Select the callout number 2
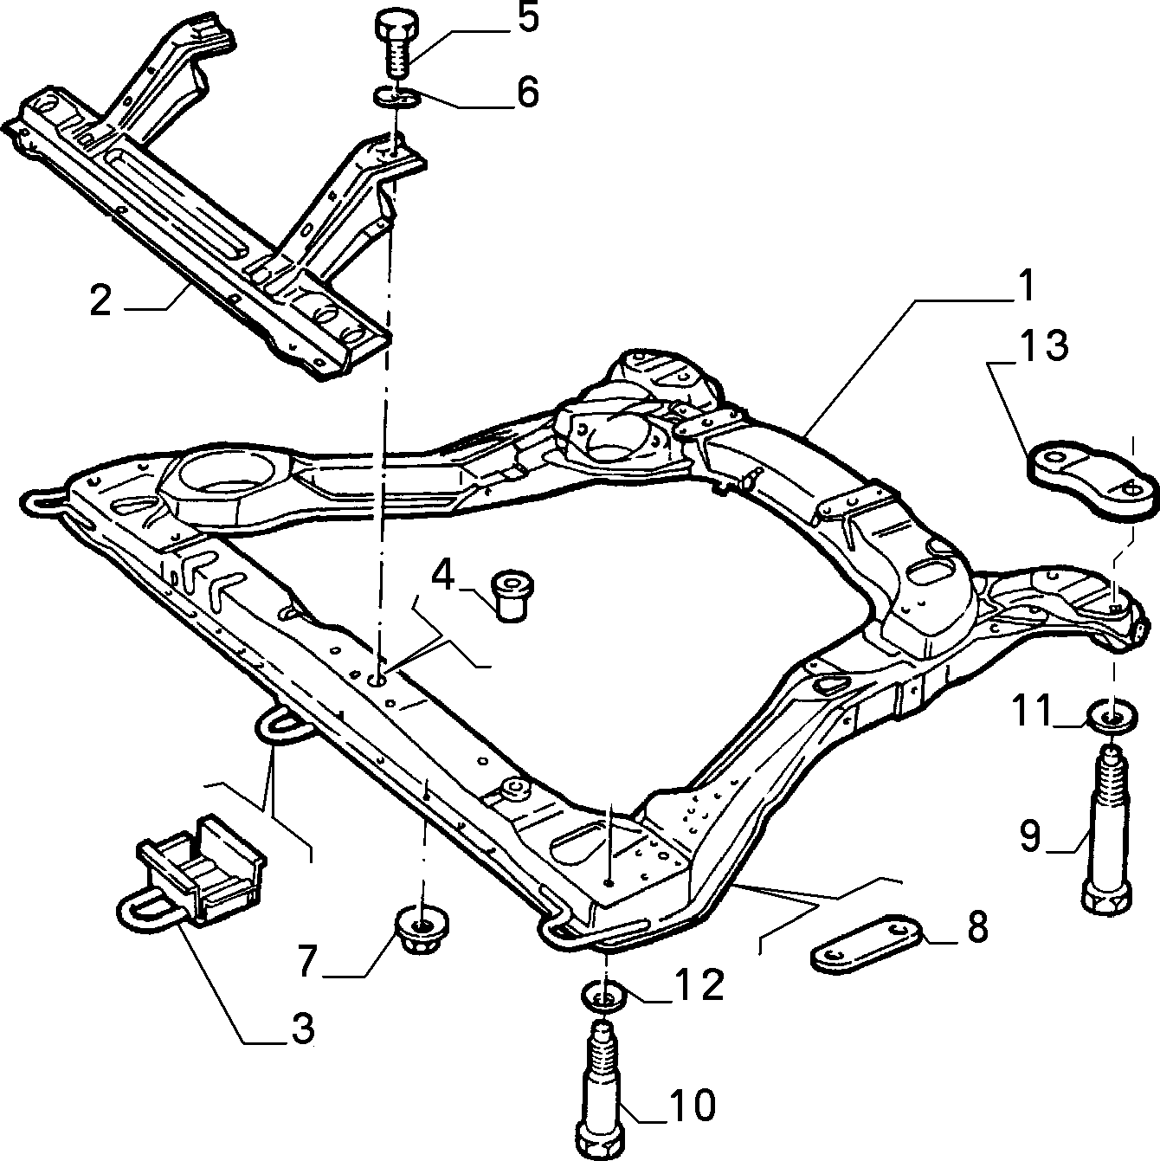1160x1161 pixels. [100, 300]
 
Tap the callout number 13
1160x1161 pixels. [1044, 346]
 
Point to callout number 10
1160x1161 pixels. [693, 1105]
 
